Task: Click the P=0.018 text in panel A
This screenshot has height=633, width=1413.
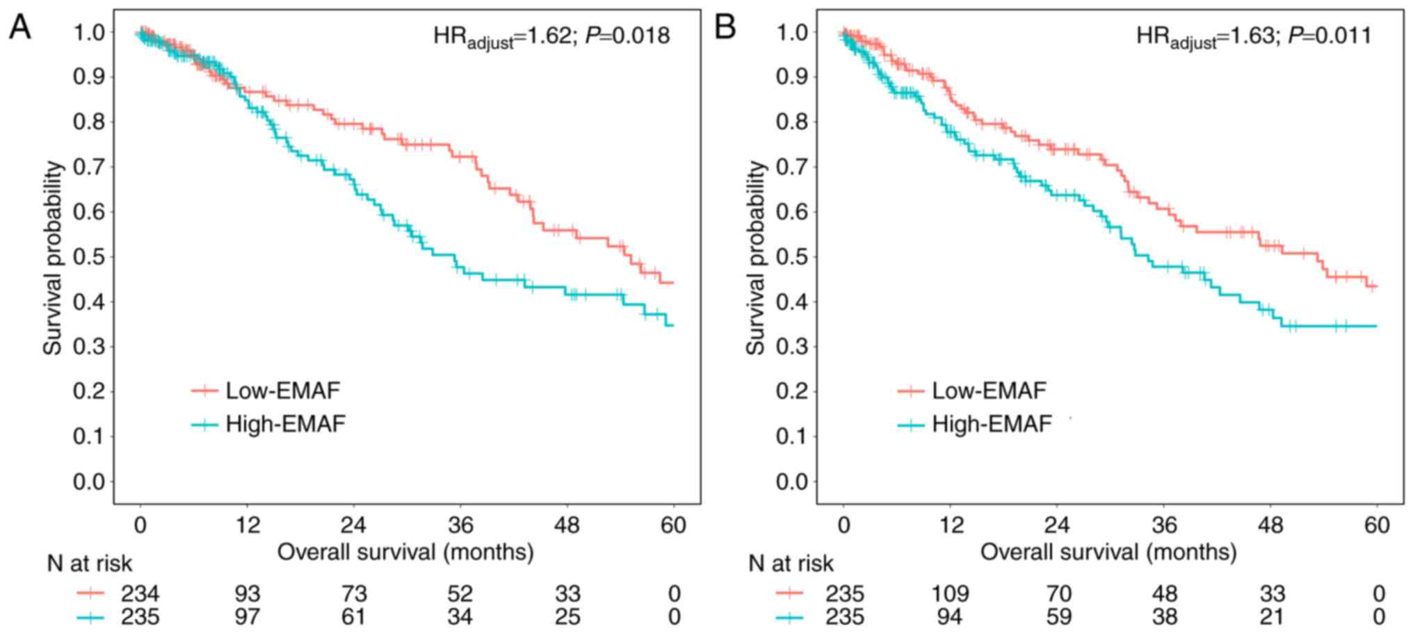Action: click(x=627, y=35)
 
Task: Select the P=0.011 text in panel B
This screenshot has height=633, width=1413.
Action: click(x=1329, y=35)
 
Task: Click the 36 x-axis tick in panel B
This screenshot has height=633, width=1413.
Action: click(x=1165, y=525)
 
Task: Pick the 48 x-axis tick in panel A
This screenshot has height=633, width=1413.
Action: click(x=567, y=525)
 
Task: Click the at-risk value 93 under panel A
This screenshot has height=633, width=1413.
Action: click(x=247, y=594)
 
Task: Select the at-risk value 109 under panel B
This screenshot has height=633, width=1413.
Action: click(x=950, y=594)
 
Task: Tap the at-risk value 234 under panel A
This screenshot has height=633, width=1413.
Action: click(x=140, y=594)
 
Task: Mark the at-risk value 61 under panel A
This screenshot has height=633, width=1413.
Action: click(x=353, y=617)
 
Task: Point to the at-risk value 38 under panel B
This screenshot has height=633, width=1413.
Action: click(x=1165, y=617)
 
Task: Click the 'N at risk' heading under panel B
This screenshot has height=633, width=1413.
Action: click(x=791, y=564)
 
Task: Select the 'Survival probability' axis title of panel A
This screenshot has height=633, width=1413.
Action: click(x=54, y=258)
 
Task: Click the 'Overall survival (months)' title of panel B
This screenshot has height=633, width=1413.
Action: click(x=1108, y=552)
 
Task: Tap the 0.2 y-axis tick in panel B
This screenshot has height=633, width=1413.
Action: click(x=792, y=392)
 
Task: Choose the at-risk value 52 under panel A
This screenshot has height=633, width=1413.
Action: click(x=460, y=594)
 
